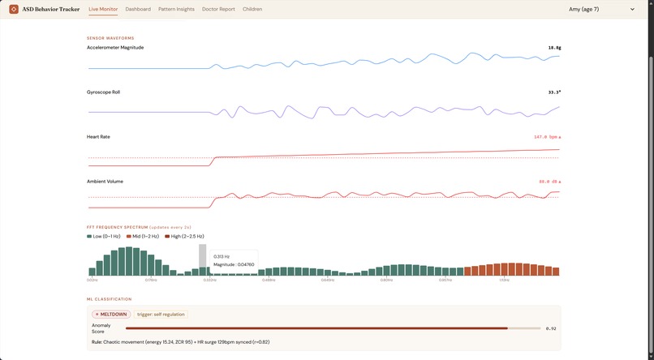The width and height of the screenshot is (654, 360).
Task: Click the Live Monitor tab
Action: coord(104,9)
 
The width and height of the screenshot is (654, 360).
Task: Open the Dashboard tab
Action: coord(138,9)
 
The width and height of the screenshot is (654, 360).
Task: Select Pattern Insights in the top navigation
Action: coord(176,9)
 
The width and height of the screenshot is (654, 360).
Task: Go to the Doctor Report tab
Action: coord(219,9)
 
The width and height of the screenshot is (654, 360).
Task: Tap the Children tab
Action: coord(252,9)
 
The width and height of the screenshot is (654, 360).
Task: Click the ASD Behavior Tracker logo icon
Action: coord(14,9)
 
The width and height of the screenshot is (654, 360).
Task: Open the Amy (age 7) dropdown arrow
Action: coord(632,10)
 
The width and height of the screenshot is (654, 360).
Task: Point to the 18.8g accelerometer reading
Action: coord(554,48)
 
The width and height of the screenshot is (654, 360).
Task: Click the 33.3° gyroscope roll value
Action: coord(554,92)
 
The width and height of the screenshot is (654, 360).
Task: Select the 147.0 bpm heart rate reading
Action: coord(547,137)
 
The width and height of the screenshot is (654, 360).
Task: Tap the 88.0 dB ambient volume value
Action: coord(549,182)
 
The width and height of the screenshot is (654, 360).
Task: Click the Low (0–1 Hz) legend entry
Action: coord(104,236)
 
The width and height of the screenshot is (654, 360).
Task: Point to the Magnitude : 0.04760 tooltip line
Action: coord(234,264)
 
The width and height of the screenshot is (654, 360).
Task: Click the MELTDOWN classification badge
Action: coord(110,314)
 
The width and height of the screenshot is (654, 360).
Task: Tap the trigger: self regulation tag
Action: coord(160,314)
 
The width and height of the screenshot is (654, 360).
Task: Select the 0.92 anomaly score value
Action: coord(551,328)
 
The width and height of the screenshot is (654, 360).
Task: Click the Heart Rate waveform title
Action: coord(98,137)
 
